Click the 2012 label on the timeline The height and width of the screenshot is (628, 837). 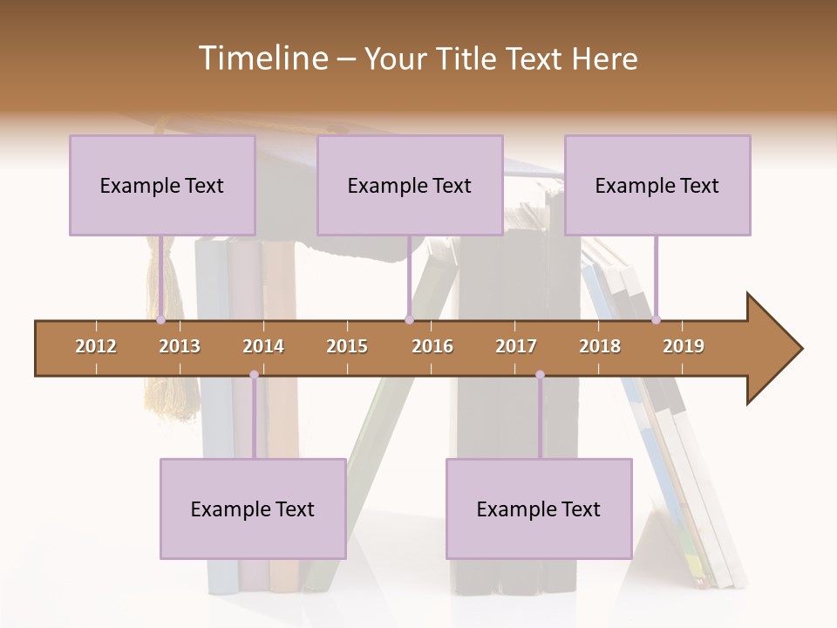coord(96,346)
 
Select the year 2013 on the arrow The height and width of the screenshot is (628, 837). coord(180,346)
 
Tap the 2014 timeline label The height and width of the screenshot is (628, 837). coord(263,346)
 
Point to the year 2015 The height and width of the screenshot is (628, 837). coord(347,346)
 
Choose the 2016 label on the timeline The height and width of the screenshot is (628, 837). coord(432,346)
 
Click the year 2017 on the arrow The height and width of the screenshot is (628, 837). coord(516,346)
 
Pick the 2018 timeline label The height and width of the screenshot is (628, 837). coord(600,346)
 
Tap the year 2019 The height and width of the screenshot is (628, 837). coord(684,346)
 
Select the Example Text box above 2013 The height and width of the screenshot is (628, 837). coord(162,185)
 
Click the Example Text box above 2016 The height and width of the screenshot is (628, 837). coord(410,185)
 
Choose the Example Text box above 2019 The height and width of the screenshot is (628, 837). coord(657,185)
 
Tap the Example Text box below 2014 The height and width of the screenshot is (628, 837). coord(253,509)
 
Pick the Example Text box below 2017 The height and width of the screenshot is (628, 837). coord(539,509)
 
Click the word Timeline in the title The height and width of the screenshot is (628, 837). coord(261,58)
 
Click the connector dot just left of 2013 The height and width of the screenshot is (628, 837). coord(161,320)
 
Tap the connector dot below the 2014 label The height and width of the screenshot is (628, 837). coord(254,375)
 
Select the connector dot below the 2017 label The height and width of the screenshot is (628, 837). coord(540,375)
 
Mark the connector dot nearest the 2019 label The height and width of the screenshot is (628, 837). coord(656,320)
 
